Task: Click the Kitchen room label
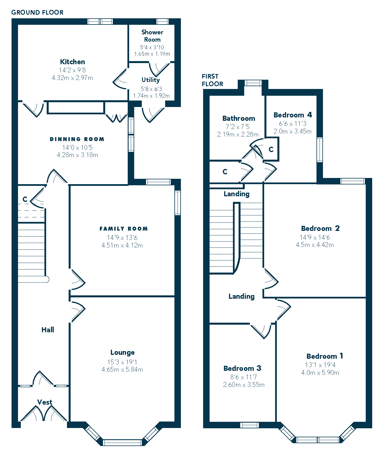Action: point(72,62)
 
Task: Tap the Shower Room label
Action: point(152,36)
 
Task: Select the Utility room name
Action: point(151,80)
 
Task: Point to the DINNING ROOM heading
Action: point(77,139)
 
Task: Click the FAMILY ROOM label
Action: point(123,229)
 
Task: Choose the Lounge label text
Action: point(122,353)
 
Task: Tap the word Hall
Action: point(48,330)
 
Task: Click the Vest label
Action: point(45,402)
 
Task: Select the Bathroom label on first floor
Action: point(239,118)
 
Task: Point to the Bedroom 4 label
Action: point(293,115)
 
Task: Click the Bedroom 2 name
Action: point(320,228)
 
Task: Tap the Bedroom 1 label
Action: point(325,356)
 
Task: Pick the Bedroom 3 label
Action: point(242,368)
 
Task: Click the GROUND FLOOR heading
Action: point(37,12)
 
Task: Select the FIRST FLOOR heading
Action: point(212,80)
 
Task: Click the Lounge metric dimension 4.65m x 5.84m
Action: point(122,369)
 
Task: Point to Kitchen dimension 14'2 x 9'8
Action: point(72,70)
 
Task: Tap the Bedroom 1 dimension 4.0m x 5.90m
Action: point(320,373)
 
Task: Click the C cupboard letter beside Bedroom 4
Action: point(271,149)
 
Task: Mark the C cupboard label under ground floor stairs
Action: point(25,199)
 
